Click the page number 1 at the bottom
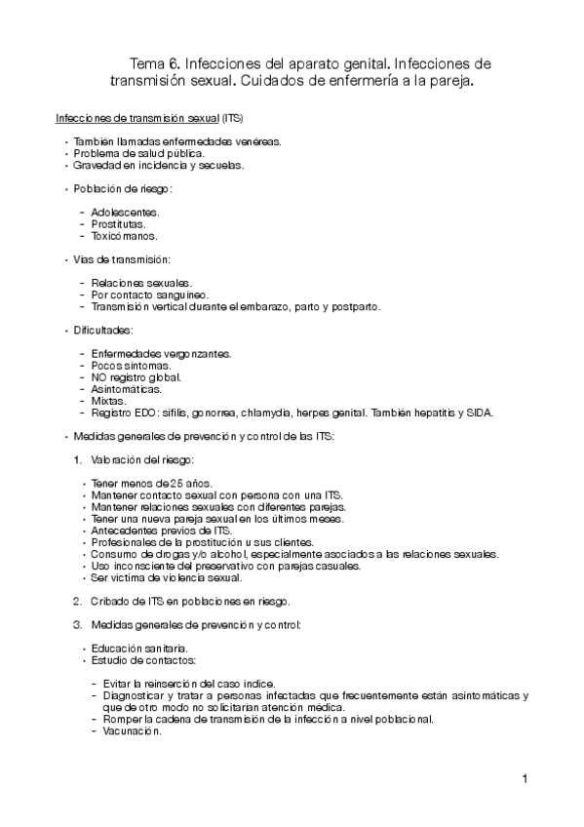(525, 778)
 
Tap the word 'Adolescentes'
(126, 212)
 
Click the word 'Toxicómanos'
(124, 236)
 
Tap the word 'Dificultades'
(110, 330)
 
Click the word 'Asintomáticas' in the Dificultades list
(126, 388)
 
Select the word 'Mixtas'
(107, 400)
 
